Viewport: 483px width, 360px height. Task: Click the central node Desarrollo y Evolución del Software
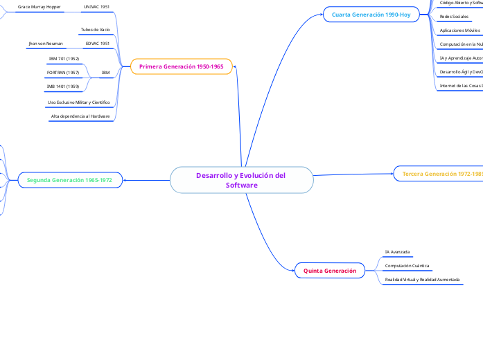pos(241,180)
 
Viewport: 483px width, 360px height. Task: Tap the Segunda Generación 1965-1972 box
pos(69,180)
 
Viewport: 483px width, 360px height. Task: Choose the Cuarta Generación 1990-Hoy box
pos(371,14)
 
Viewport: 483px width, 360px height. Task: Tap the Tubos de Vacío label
pos(96,30)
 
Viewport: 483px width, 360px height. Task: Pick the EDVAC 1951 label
pos(97,43)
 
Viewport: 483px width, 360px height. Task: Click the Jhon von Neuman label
pos(46,43)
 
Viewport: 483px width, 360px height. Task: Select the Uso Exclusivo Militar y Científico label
pos(79,102)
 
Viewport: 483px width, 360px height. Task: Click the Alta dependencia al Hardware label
pos(80,116)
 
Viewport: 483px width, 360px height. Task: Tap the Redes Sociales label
pos(454,16)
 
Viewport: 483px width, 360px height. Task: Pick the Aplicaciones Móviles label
pos(459,30)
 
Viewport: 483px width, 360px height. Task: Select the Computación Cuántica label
pos(407,265)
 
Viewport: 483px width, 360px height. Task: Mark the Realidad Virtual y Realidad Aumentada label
pos(422,279)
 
